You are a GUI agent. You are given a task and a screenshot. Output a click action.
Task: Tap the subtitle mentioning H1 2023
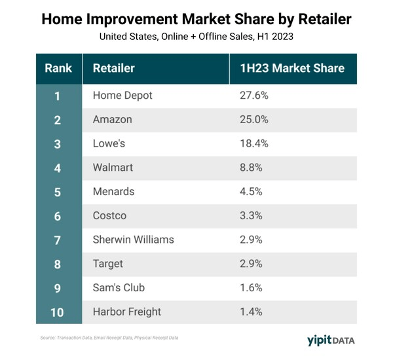pyautogui.click(x=196, y=37)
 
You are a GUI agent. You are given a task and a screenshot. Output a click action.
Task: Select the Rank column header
pyautogui.click(x=58, y=68)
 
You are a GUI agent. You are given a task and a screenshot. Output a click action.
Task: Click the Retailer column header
pyautogui.click(x=114, y=68)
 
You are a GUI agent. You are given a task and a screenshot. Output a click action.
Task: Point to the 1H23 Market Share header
pyautogui.click(x=292, y=68)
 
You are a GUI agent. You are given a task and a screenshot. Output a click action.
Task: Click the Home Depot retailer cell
pyautogui.click(x=122, y=96)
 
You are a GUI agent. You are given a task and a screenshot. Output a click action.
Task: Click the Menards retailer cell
pyautogui.click(x=114, y=192)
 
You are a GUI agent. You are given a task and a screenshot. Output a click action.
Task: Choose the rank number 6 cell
pyautogui.click(x=58, y=215)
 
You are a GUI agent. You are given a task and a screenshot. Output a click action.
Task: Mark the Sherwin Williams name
pyautogui.click(x=134, y=240)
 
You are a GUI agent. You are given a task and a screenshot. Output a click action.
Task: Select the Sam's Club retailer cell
pyautogui.click(x=119, y=287)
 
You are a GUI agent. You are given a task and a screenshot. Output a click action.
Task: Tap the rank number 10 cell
pyautogui.click(x=58, y=312)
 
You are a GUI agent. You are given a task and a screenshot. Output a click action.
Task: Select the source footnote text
pyautogui.click(x=107, y=338)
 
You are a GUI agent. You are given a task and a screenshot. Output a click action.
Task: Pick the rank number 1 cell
pyautogui.click(x=58, y=96)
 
